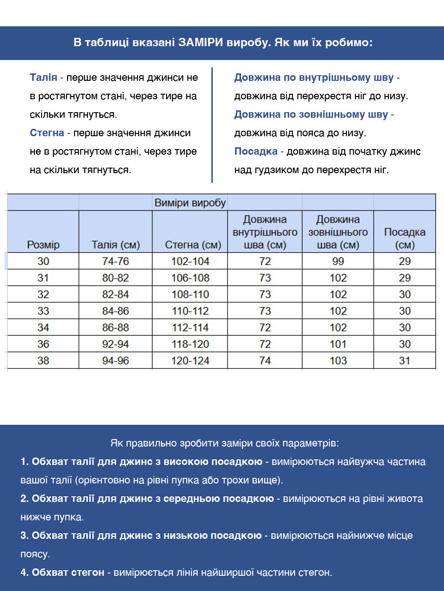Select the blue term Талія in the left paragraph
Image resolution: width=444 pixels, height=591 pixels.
43,78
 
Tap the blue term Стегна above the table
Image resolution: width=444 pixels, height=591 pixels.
47,133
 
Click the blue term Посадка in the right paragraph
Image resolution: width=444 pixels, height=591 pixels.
256,151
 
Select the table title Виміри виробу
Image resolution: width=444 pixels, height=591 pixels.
190,203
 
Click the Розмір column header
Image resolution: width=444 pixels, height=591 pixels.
43,245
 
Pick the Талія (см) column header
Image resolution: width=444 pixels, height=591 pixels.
116,245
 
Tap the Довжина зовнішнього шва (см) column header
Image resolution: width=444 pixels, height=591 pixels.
338,232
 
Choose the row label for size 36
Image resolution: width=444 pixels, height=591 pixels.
43,344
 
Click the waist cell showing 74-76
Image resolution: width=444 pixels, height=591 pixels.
116,261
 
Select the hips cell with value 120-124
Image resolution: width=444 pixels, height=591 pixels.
190,361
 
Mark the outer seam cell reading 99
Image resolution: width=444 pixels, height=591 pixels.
338,261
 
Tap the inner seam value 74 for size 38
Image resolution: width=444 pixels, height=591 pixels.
265,361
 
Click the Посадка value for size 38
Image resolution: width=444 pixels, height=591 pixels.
405,361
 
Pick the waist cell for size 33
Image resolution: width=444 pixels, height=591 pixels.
116,311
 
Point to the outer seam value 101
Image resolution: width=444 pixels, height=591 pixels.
338,344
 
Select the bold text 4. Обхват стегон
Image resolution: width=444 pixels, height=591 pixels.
62,573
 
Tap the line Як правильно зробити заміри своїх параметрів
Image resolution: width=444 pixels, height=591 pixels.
225,443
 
